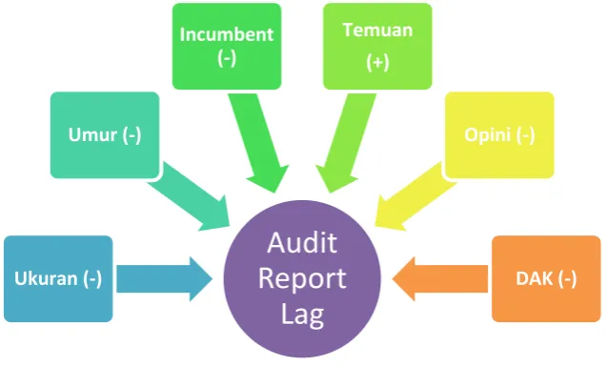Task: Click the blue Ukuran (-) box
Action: pyautogui.click(x=58, y=278)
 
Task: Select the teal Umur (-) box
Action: pyautogui.click(x=105, y=135)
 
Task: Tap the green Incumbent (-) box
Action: pyautogui.click(x=227, y=47)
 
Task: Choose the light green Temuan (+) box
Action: pyautogui.click(x=377, y=47)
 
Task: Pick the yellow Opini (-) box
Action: pyautogui.click(x=499, y=135)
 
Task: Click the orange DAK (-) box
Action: pyautogui.click(x=546, y=278)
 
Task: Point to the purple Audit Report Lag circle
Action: pyautogui.click(x=302, y=278)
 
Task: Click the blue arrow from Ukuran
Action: pyautogui.click(x=165, y=278)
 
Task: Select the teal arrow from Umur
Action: pyautogui.click(x=190, y=197)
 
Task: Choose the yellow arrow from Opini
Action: pyautogui.click(x=415, y=197)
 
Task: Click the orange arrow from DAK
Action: pyautogui.click(x=440, y=278)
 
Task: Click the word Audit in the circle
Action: pyautogui.click(x=302, y=243)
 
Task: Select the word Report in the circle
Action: pyautogui.click(x=302, y=279)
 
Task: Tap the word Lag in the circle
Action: pyautogui.click(x=302, y=315)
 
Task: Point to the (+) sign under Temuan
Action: pyautogui.click(x=377, y=62)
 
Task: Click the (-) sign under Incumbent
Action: pyautogui.click(x=227, y=58)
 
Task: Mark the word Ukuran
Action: pyautogui.click(x=46, y=278)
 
